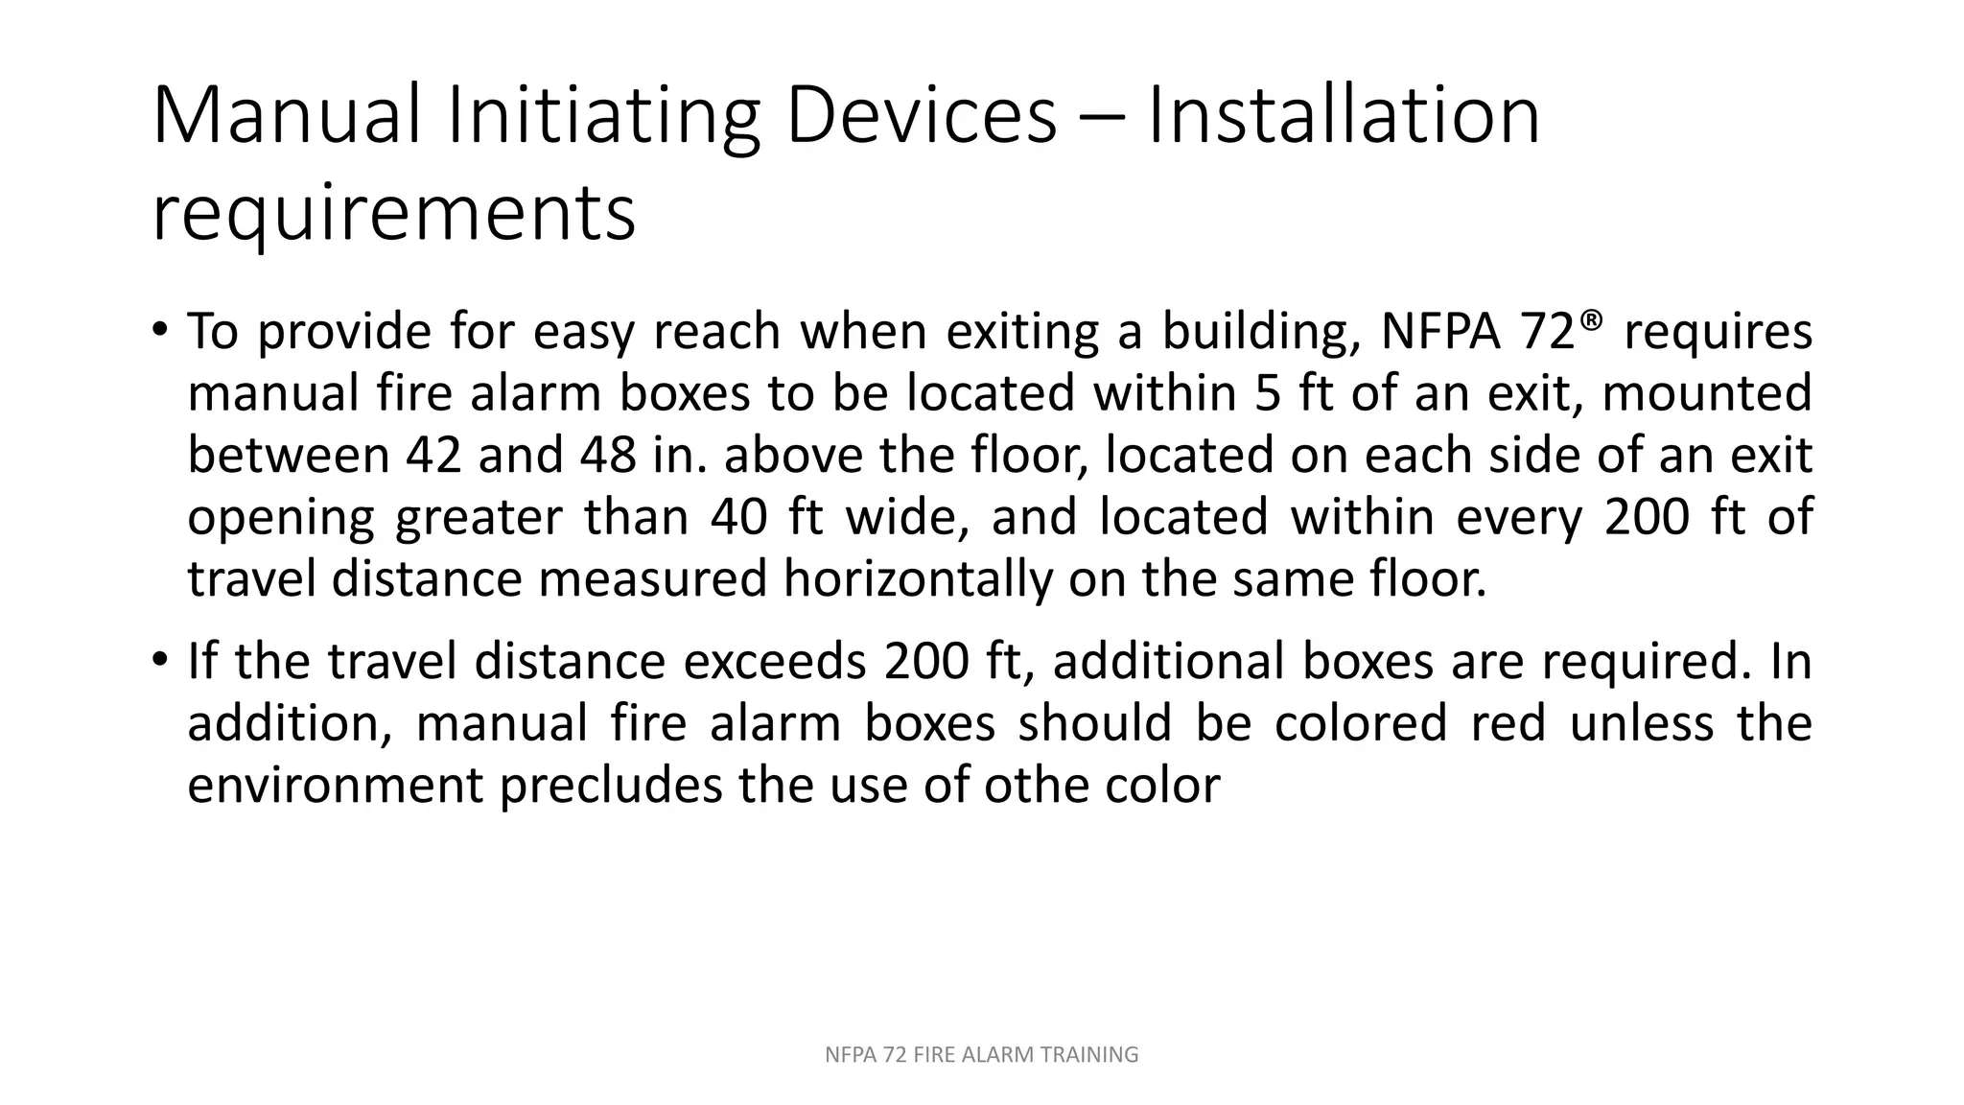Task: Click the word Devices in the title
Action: (921, 117)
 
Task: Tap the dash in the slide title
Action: (1102, 119)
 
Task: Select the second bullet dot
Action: (159, 662)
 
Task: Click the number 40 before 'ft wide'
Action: (739, 517)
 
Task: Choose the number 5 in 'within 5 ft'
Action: (1268, 394)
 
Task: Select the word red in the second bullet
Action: (1508, 723)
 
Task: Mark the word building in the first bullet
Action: (1263, 333)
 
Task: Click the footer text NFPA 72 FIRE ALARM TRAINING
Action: (981, 1055)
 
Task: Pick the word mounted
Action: (1707, 394)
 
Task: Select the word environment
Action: (336, 786)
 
